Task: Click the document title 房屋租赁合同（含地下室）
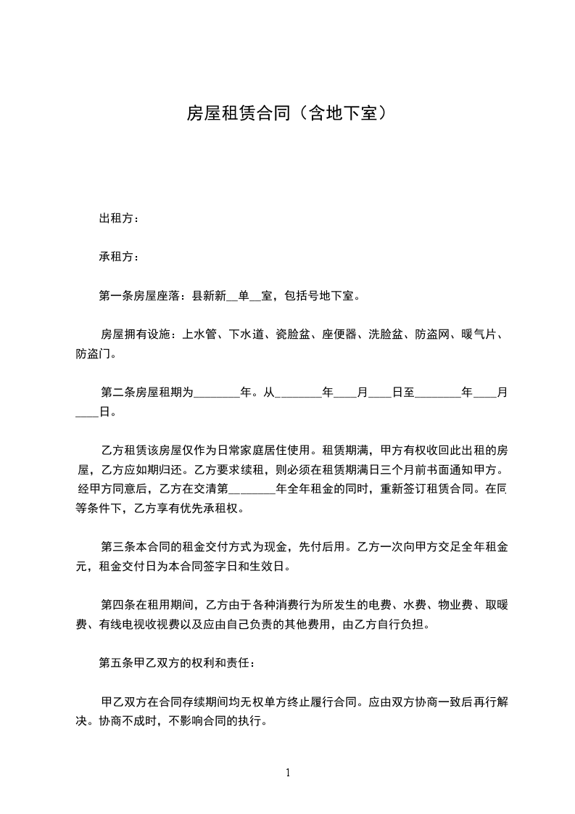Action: tap(286, 113)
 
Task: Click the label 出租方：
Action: tap(119, 218)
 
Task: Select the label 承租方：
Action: tap(119, 257)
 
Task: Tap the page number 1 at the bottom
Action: tap(288, 773)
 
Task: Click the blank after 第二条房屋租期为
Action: tap(218, 393)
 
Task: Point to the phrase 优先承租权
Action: tap(210, 508)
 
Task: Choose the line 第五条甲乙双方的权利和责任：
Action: tap(177, 662)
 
